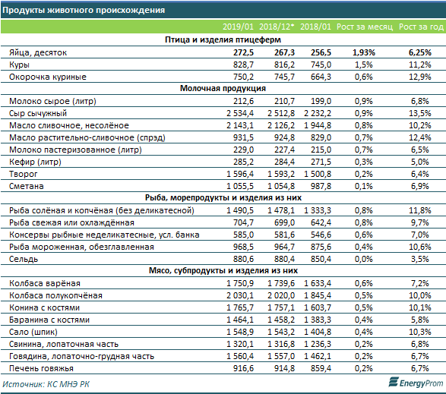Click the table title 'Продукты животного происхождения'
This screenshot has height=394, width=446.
point(84,10)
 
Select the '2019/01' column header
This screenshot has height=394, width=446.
point(238,27)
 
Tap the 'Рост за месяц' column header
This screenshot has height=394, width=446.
point(365,27)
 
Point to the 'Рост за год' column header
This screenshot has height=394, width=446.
point(421,27)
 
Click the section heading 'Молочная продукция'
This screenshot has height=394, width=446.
point(223,88)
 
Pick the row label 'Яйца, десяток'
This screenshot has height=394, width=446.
point(38,52)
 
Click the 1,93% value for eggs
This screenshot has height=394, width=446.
point(364,52)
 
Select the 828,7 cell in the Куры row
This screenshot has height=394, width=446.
point(243,65)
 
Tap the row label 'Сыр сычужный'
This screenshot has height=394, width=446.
point(38,113)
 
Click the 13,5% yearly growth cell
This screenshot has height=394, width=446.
point(420,113)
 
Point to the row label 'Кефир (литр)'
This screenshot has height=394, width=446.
point(35,162)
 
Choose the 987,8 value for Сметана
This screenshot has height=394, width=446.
point(321,186)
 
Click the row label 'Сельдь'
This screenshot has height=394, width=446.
point(24,260)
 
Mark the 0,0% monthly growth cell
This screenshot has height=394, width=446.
point(363,260)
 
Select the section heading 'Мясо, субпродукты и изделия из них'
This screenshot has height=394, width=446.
point(223,270)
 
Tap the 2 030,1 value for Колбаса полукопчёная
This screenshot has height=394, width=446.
point(240,295)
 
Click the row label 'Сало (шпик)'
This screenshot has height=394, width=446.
point(33,332)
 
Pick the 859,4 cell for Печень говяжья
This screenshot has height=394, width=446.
point(321,368)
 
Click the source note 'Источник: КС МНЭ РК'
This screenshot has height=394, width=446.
point(46,384)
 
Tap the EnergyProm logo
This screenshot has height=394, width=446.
point(416,383)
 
